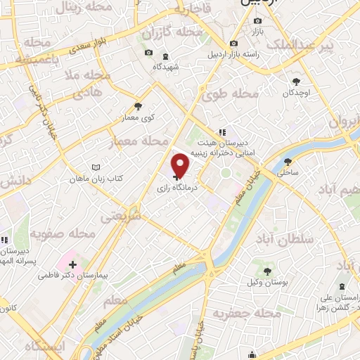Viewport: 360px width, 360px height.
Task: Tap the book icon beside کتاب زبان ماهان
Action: pos(96,168)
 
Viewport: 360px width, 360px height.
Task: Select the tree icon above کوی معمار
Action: pos(137,106)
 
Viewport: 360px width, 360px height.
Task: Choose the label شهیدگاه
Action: pos(165,67)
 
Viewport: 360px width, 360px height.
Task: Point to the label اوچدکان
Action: pos(297,93)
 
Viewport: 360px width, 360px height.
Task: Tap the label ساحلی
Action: pos(288,171)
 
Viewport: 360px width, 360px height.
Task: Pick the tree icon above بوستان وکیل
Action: pos(268,271)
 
